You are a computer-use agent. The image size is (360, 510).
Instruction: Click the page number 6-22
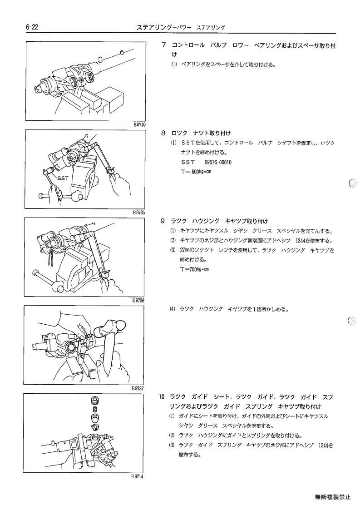pos(32,27)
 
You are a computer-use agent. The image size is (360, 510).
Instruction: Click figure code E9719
pos(139,124)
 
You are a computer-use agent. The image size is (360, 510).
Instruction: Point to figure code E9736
pos(138,301)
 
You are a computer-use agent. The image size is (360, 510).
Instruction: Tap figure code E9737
pos(138,388)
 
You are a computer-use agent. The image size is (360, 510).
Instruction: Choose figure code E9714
pos(137,476)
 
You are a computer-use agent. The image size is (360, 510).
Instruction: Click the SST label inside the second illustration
pos(63,178)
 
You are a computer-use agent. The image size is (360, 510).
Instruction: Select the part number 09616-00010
pos(218,162)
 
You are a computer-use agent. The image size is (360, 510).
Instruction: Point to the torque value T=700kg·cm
pos(194,269)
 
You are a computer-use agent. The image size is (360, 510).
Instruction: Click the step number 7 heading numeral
pos(164,45)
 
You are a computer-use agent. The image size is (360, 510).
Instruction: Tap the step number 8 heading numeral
pos(163,133)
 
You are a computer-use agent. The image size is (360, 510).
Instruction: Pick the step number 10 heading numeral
pos(162,397)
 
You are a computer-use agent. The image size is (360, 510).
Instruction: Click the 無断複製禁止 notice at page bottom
pos(333,497)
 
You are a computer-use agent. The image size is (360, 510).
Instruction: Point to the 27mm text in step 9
pos(185,250)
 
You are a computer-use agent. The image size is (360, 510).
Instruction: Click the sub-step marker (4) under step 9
pos(172,309)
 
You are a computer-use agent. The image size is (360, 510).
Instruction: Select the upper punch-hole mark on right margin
pos(353,183)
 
